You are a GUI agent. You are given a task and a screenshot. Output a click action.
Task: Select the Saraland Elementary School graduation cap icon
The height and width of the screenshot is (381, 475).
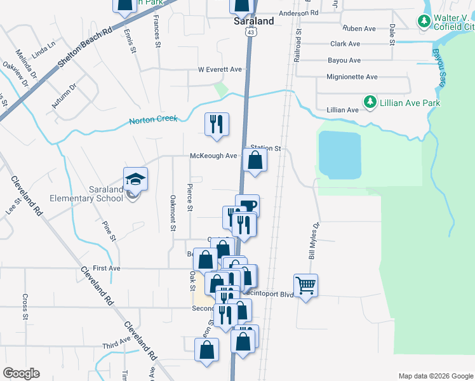point(135,179)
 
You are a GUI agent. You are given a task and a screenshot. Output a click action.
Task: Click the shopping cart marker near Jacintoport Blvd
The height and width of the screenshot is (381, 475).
point(305,285)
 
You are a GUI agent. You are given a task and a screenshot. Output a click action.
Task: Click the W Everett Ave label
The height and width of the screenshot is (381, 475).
point(220,69)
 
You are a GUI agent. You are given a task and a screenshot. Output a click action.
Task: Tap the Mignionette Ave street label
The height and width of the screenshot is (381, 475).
point(352,77)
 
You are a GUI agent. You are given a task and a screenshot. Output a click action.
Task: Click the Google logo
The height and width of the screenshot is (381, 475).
point(22,373)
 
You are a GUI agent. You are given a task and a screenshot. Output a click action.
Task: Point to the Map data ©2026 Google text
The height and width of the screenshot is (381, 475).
point(435,376)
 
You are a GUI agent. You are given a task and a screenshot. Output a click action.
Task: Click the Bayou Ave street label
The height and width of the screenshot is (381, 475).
point(345,60)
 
